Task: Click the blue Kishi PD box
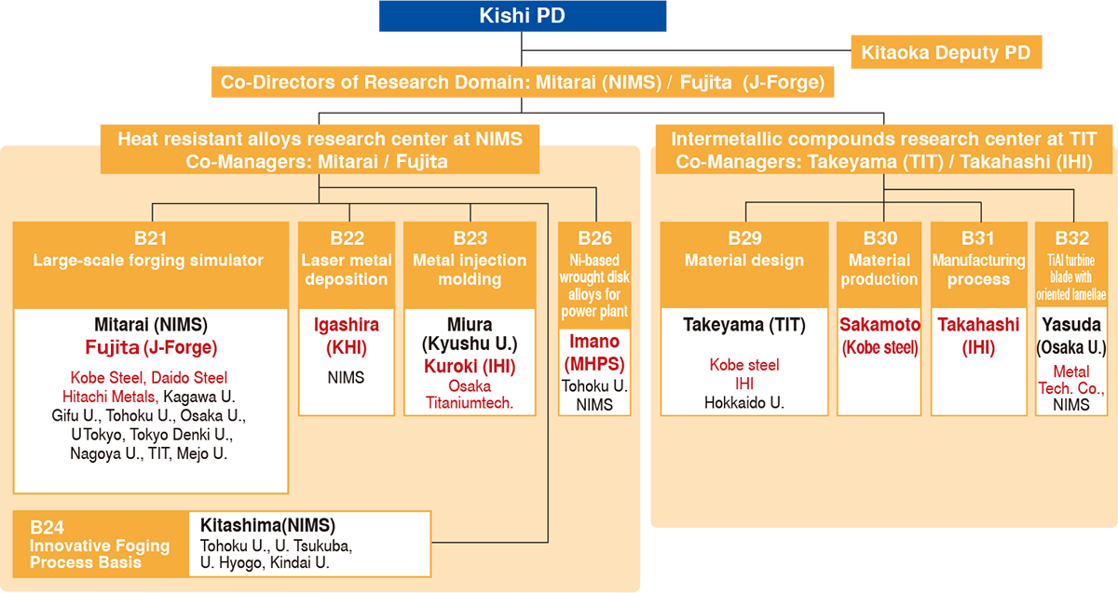pyautogui.click(x=523, y=16)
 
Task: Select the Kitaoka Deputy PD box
pyautogui.click(x=947, y=52)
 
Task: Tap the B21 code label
pyautogui.click(x=150, y=238)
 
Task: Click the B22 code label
pyautogui.click(x=347, y=238)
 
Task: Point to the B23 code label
pyautogui.click(x=470, y=238)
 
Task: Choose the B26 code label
pyautogui.click(x=595, y=238)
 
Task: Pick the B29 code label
pyautogui.click(x=744, y=238)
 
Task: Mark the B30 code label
pyautogui.click(x=879, y=238)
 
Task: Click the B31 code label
pyautogui.click(x=978, y=238)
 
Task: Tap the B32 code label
pyautogui.click(x=1072, y=238)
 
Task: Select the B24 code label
pyautogui.click(x=47, y=527)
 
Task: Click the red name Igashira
pyautogui.click(x=347, y=325)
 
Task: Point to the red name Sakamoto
pyautogui.click(x=879, y=325)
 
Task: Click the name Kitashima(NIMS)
pyautogui.click(x=267, y=525)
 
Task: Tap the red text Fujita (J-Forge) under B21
pyautogui.click(x=151, y=347)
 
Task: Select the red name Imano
pyautogui.click(x=594, y=342)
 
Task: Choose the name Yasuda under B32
pyautogui.click(x=1071, y=325)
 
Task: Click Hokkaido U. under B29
pyautogui.click(x=744, y=402)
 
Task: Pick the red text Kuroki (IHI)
pyautogui.click(x=470, y=367)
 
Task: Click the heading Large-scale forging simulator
pyautogui.click(x=148, y=261)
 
